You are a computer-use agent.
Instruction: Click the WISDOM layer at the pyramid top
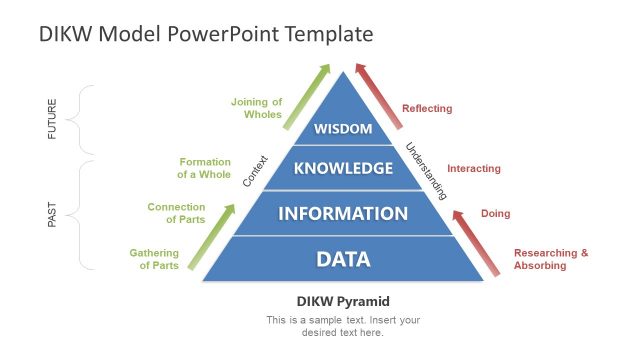(343, 129)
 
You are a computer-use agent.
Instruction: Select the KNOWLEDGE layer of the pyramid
(343, 168)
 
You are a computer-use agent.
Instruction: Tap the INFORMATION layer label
(343, 213)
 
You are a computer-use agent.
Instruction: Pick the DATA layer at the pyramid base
(343, 259)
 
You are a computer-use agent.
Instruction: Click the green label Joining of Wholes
(257, 108)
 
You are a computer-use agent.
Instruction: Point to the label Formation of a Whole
(205, 168)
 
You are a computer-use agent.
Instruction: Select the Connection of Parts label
(177, 213)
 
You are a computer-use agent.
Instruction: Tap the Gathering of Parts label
(155, 259)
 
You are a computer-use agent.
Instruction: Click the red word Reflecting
(427, 108)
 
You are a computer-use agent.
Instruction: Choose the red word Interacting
(474, 168)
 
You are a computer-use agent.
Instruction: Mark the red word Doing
(496, 213)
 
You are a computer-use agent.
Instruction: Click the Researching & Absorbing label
(551, 259)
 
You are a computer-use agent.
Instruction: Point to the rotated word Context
(256, 171)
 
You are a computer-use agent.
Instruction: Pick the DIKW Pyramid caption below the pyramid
(343, 301)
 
